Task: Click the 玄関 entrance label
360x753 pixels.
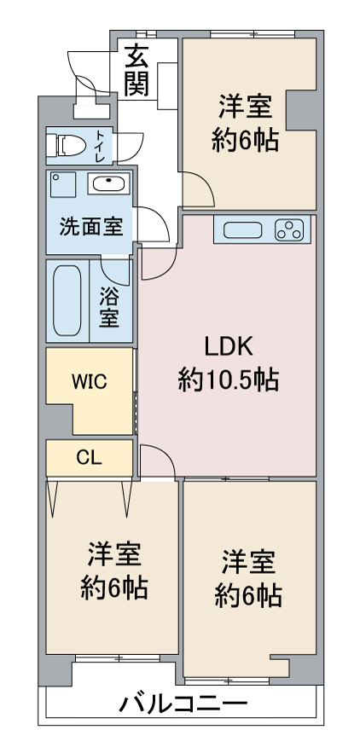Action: point(136,70)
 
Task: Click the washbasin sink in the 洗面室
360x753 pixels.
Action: point(109,184)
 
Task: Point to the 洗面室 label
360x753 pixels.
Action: point(90,227)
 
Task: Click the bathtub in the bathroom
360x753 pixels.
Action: point(67,300)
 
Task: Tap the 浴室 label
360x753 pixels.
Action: point(109,307)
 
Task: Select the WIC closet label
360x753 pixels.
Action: point(89,381)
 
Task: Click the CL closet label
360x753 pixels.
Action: point(89,457)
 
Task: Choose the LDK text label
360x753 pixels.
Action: point(228,346)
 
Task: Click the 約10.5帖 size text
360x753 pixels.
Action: point(228,379)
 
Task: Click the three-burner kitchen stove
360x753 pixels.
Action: point(290,229)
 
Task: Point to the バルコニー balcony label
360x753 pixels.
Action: point(183,704)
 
